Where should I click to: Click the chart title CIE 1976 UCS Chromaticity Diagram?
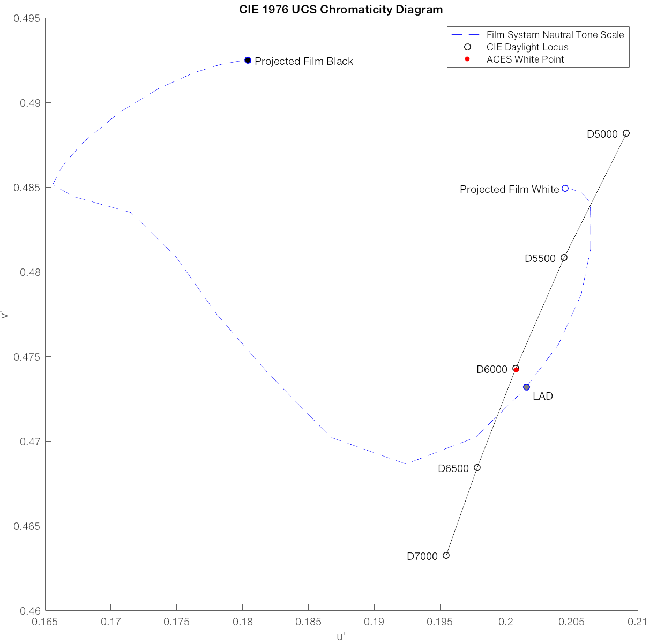point(341,10)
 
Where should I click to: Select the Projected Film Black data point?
point(248,61)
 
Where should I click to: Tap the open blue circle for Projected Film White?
point(565,189)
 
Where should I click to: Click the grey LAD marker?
point(526,387)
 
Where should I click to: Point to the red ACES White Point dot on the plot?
point(516,369)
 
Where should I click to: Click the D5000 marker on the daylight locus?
point(626,133)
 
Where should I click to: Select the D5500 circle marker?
point(564,258)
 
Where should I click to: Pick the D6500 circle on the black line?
point(477,468)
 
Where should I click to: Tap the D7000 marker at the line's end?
point(446,555)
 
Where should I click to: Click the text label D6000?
point(491,370)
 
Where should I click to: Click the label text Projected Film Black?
point(304,62)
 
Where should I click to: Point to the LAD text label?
point(542,397)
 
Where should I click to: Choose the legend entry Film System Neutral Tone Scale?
point(555,35)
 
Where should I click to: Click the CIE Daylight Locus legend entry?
point(527,47)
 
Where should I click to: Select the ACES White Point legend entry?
point(525,59)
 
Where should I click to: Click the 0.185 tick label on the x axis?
point(308,623)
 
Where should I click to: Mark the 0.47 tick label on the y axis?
point(30,442)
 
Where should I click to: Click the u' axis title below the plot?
point(341,637)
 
